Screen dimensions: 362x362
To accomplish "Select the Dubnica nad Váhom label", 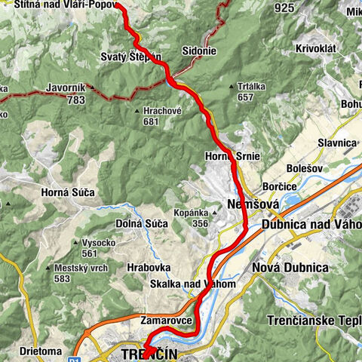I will pos(311,224).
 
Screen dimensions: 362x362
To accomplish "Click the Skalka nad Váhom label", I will pos(192,284).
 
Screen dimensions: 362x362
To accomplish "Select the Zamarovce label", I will pos(168,321).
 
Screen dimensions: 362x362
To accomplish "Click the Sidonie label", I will pos(199,52).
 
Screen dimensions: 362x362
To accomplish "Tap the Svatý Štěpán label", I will pos(130,57).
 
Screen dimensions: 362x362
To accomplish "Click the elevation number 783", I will pos(74,99).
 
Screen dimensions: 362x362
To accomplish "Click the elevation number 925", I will pos(284,8).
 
